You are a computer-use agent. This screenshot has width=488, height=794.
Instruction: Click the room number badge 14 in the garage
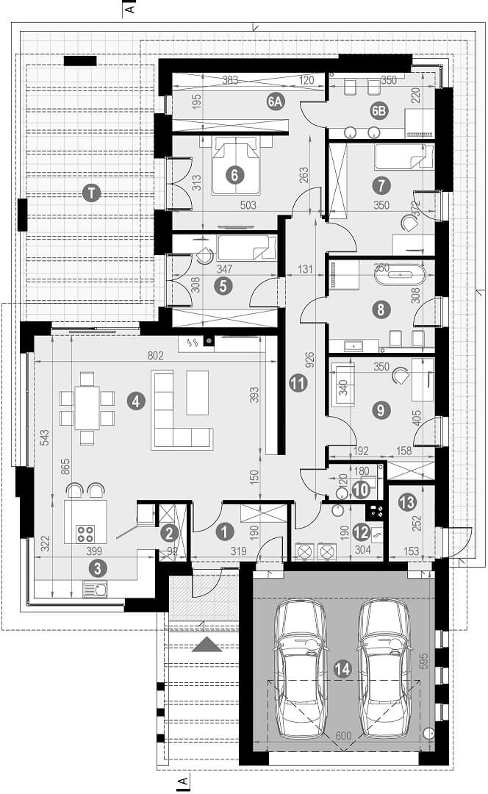pyautogui.click(x=342, y=670)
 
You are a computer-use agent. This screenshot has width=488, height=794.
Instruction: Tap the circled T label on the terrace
pyautogui.click(x=92, y=193)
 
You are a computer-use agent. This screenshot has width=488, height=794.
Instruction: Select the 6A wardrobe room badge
pyautogui.click(x=275, y=101)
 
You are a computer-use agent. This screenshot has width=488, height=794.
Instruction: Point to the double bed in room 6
pyautogui.click(x=235, y=166)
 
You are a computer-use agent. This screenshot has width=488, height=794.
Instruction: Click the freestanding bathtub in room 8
pyautogui.click(x=401, y=274)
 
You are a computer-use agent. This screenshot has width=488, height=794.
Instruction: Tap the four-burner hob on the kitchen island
pyautogui.click(x=85, y=534)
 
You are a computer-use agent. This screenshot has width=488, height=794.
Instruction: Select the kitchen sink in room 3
pyautogui.click(x=95, y=589)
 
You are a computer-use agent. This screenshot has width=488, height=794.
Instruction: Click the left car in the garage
pyautogui.click(x=300, y=668)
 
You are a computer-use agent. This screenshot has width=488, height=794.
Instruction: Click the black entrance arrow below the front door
pyautogui.click(x=207, y=644)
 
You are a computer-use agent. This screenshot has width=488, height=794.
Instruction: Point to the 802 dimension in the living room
pyautogui.click(x=155, y=356)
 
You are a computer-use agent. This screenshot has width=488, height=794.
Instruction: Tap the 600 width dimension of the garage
pyautogui.click(x=343, y=735)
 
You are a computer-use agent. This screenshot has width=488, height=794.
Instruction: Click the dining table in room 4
pyautogui.click(x=87, y=408)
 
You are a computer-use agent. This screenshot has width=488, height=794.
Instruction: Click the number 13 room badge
pyautogui.click(x=407, y=502)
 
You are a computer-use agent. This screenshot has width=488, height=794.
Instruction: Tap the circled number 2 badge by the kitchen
pyautogui.click(x=168, y=533)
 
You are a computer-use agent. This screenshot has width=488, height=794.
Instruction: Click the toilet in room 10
pyautogui.click(x=339, y=493)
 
